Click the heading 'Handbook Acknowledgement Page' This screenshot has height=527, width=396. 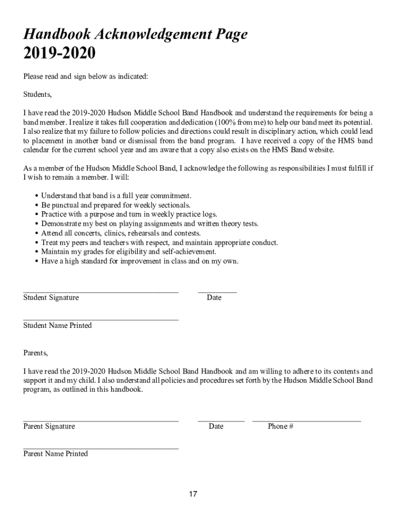(x=135, y=34)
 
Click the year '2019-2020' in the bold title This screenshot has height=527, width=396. (x=59, y=54)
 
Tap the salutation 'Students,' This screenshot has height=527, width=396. (x=38, y=94)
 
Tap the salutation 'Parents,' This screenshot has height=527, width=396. (x=35, y=353)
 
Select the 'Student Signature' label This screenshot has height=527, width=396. (x=51, y=297)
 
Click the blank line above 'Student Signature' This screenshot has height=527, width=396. (x=101, y=291)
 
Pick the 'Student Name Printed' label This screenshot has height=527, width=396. (x=58, y=325)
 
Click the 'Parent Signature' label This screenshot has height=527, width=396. (x=49, y=426)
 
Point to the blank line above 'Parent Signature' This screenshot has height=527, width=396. (x=101, y=420)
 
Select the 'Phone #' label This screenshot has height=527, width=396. (x=280, y=426)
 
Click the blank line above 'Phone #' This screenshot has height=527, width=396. (x=307, y=420)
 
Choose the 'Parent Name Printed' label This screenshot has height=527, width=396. (x=56, y=453)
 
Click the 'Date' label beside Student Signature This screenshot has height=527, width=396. (x=214, y=297)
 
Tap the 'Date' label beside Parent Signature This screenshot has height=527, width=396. (x=216, y=426)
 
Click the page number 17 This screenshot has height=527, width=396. (x=193, y=495)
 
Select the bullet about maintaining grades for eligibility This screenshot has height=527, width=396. (x=129, y=252)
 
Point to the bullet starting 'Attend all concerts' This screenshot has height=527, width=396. (x=121, y=233)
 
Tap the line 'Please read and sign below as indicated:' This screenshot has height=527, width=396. (x=85, y=76)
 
